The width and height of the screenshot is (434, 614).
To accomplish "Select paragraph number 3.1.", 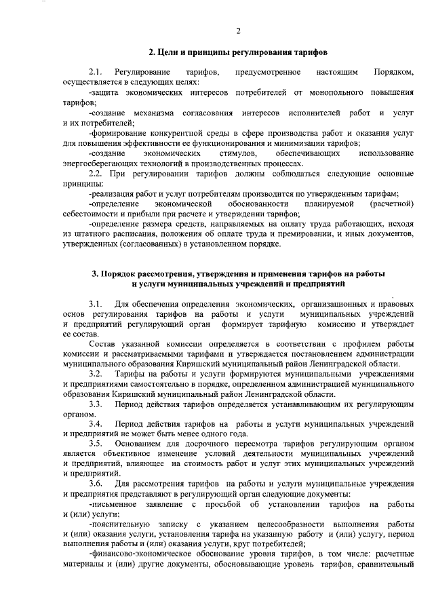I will [x=95, y=303].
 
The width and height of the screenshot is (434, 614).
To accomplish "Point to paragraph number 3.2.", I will [x=95, y=374].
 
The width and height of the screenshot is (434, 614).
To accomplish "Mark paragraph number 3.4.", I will [x=95, y=424].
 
